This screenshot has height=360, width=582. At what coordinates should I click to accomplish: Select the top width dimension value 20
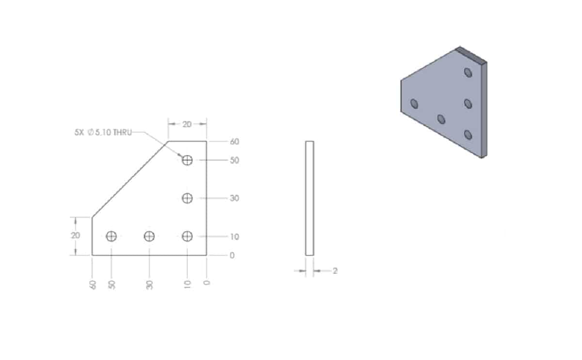point(187,124)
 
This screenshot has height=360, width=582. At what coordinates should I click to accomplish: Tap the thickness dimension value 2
point(335,271)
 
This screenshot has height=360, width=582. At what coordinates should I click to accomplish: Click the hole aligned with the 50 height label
point(188,160)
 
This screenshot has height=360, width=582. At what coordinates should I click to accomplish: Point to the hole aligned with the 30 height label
point(188,198)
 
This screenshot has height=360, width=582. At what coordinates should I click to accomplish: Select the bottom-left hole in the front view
point(112,236)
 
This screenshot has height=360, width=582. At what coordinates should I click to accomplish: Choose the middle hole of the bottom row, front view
point(149,236)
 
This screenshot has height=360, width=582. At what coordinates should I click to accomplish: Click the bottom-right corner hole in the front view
point(188,236)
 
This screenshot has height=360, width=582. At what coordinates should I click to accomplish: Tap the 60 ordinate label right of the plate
point(234,142)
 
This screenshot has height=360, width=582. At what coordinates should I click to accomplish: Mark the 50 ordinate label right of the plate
point(234,161)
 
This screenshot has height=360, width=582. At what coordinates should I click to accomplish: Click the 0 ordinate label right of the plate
point(232,255)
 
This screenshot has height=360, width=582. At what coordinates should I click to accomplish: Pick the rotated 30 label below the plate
point(150,285)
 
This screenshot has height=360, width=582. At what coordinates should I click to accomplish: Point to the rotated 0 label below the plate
point(207,282)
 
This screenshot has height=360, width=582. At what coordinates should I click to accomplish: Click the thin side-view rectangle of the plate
point(309,198)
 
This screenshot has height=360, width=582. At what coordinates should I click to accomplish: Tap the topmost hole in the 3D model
point(468,72)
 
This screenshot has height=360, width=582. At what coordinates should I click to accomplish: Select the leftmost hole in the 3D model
point(414,103)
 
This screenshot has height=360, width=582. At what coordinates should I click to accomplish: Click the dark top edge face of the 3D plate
point(471,54)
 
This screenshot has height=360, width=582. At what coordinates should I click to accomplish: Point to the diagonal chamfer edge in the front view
point(130,180)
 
